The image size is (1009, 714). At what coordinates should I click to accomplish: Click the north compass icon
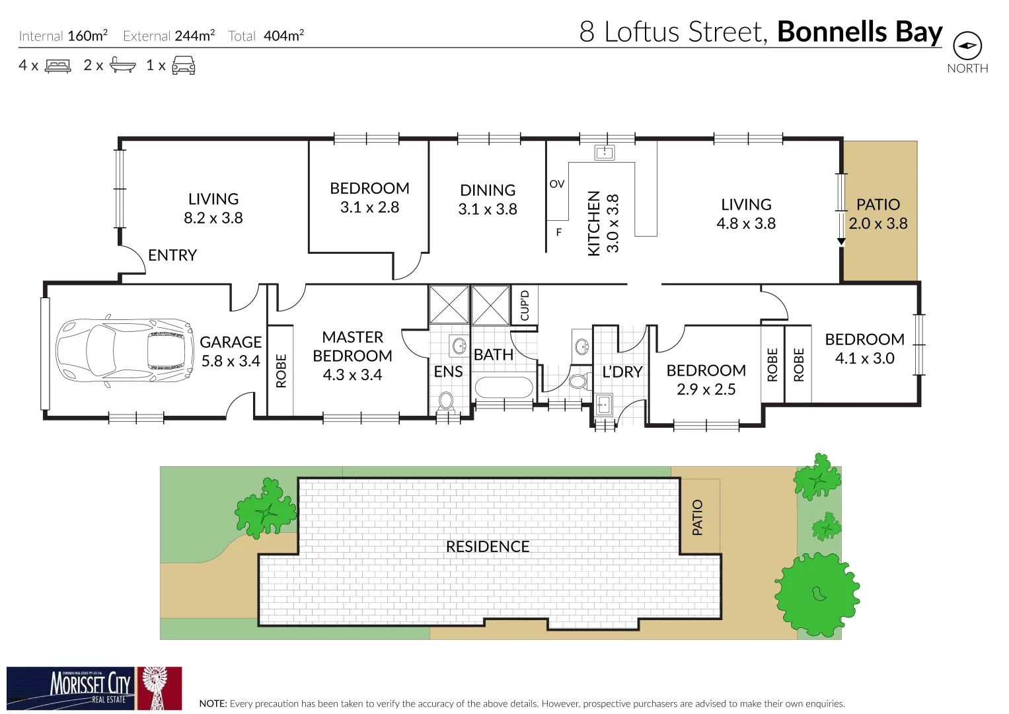[x=967, y=46]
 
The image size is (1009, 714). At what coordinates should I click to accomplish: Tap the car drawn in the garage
[x=124, y=350]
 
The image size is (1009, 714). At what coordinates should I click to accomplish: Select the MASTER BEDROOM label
[x=352, y=356]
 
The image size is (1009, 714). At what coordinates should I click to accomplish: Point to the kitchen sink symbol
[x=605, y=153]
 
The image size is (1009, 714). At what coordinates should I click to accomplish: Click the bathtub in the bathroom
[x=504, y=388]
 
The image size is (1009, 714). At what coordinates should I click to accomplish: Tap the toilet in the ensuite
[x=446, y=401]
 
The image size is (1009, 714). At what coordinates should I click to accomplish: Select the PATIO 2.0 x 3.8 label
[x=878, y=214]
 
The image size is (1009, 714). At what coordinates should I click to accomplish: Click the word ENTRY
[x=172, y=255]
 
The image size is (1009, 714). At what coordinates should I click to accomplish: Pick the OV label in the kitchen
[x=557, y=184]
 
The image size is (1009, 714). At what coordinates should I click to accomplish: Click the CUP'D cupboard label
[x=525, y=305]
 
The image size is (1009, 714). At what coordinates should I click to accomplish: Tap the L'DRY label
[x=622, y=372]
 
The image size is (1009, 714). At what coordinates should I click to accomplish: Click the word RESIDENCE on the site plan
[x=488, y=547]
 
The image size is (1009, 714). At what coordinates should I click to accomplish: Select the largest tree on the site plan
[x=817, y=594]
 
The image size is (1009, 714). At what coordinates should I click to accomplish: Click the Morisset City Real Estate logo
[x=94, y=688]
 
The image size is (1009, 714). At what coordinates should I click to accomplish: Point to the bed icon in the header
[x=57, y=65]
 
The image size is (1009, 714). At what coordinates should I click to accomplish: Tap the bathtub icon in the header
[x=122, y=65]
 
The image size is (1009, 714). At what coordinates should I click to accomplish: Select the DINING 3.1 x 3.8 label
[x=488, y=200]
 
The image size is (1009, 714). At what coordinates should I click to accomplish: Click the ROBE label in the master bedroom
[x=281, y=371]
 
